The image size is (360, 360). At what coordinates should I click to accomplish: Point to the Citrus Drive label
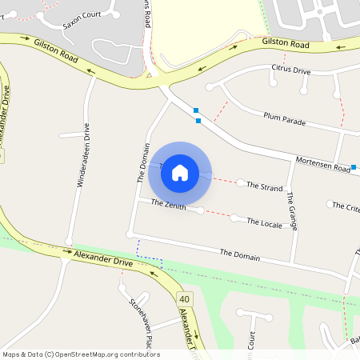pyautogui.click(x=290, y=70)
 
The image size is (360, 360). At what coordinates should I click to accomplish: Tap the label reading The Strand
pyautogui.click(x=264, y=187)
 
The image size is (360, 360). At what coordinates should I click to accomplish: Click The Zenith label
pyautogui.click(x=169, y=205)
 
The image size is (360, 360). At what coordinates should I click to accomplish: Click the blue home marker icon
pyautogui.click(x=180, y=172)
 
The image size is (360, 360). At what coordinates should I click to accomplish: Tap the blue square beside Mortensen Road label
pyautogui.click(x=354, y=167)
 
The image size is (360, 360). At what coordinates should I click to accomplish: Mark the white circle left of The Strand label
pyautogui.click(x=241, y=183)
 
